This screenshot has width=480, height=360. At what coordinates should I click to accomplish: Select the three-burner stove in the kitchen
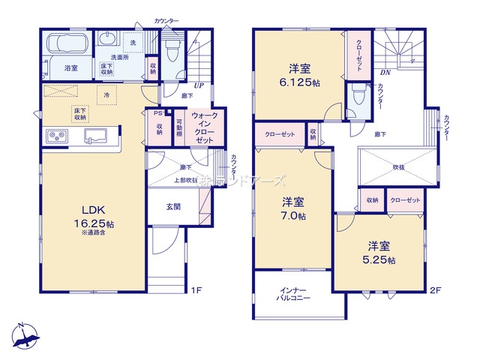(58, 136)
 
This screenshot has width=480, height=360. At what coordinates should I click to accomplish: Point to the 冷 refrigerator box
(107, 95)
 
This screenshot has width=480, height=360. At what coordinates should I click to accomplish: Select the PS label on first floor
(157, 113)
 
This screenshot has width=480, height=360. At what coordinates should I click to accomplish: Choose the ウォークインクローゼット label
(205, 128)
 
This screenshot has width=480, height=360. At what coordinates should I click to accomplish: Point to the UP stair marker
(199, 86)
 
